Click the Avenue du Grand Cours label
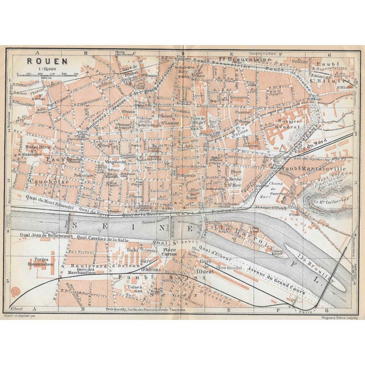273,278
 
